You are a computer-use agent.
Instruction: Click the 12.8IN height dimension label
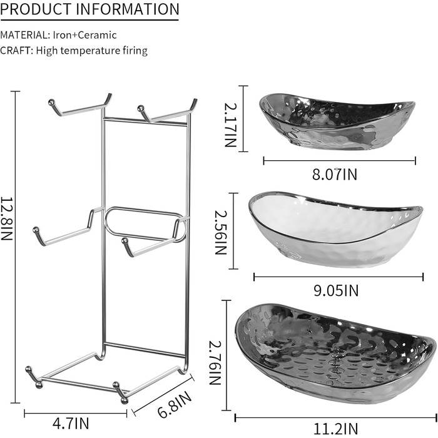click(x=6, y=218)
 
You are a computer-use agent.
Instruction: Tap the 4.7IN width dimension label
click(x=71, y=423)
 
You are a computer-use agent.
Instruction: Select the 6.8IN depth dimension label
click(x=175, y=404)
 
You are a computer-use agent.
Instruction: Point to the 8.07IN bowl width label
click(x=335, y=175)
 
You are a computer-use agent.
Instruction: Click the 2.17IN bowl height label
click(x=231, y=125)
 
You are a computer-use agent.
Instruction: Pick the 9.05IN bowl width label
click(x=336, y=290)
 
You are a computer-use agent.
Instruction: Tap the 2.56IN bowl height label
click(x=221, y=232)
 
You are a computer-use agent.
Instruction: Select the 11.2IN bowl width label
click(x=336, y=429)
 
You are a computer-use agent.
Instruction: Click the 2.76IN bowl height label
click(x=215, y=363)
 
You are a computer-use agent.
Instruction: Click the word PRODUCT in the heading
click(x=36, y=9)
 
